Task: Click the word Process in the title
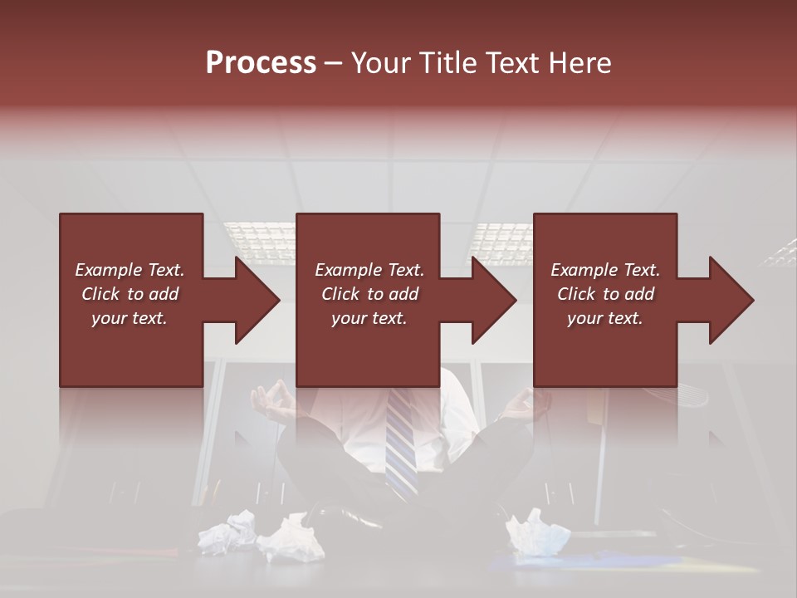[261, 62]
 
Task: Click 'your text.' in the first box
[130, 317]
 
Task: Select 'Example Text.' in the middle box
[369, 270]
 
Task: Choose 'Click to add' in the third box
[606, 294]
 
